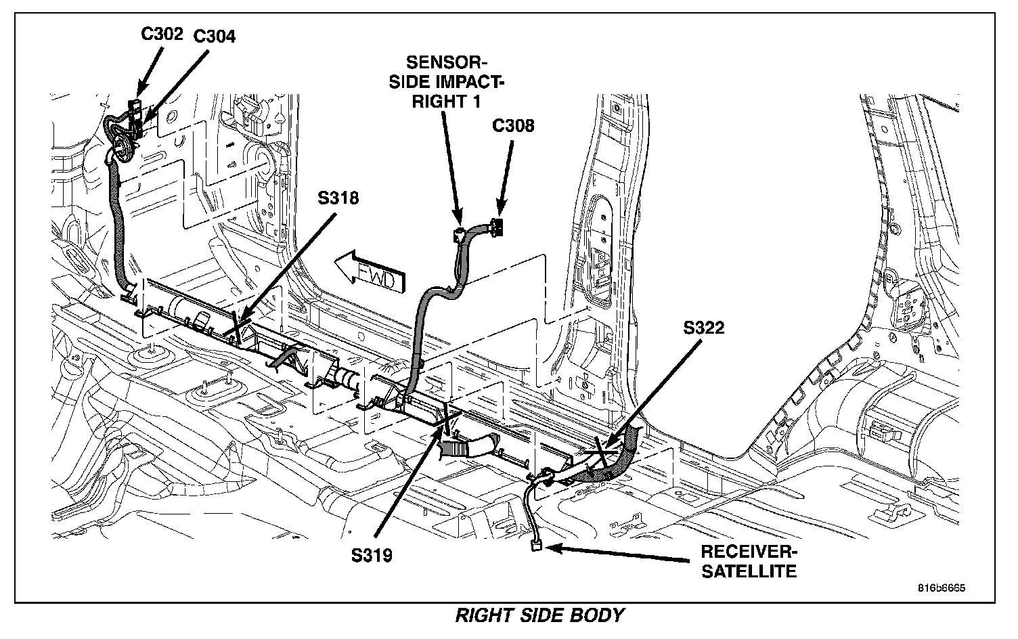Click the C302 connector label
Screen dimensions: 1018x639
(162, 34)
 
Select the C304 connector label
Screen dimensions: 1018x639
(215, 37)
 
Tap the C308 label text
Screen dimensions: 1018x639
(513, 125)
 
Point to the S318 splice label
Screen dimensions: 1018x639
(338, 198)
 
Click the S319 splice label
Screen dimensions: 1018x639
(372, 555)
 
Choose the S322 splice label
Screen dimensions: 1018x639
(703, 328)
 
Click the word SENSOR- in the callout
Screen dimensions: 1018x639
(446, 62)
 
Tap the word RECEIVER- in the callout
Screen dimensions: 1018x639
(749, 552)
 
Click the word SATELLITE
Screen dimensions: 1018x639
(749, 571)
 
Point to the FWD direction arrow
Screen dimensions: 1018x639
(369, 272)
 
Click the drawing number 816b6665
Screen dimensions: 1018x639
(942, 588)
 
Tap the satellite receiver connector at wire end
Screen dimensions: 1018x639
(536, 546)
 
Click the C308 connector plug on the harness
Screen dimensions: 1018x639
(497, 227)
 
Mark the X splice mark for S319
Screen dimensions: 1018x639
(447, 418)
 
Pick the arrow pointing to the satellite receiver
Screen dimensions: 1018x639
(617, 554)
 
